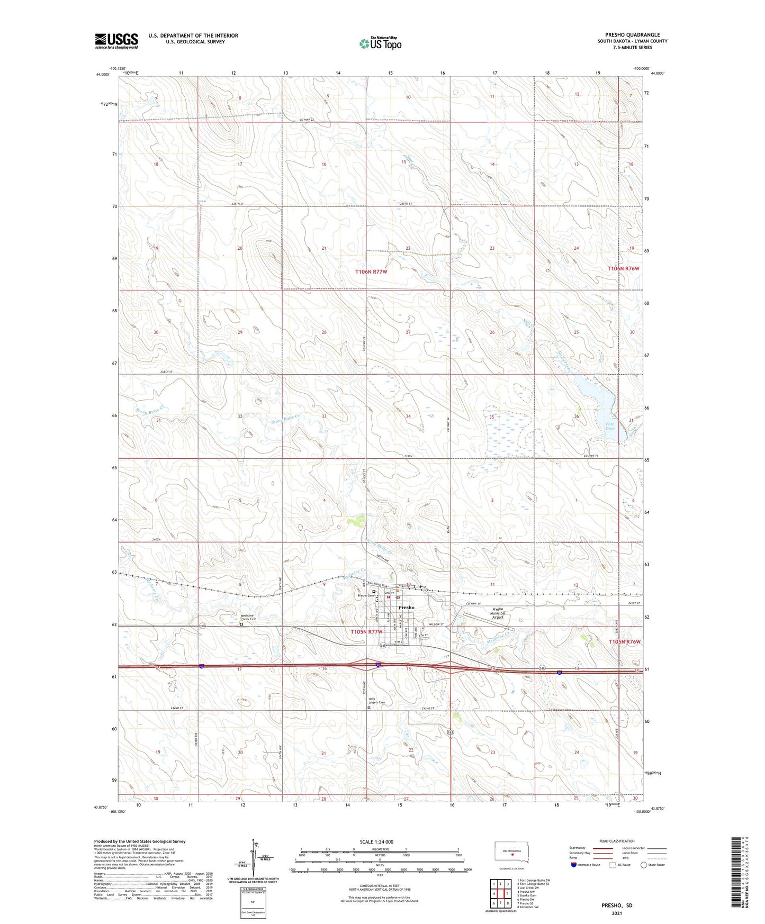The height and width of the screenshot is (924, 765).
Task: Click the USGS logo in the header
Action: point(116,41)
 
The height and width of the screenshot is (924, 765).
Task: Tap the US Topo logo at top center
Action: point(380,43)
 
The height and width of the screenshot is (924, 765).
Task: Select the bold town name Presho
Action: point(406,607)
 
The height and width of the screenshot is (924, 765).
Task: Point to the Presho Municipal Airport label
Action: point(498,613)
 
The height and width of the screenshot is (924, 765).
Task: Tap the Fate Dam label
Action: point(609,427)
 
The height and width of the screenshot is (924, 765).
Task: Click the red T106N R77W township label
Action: point(371,271)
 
